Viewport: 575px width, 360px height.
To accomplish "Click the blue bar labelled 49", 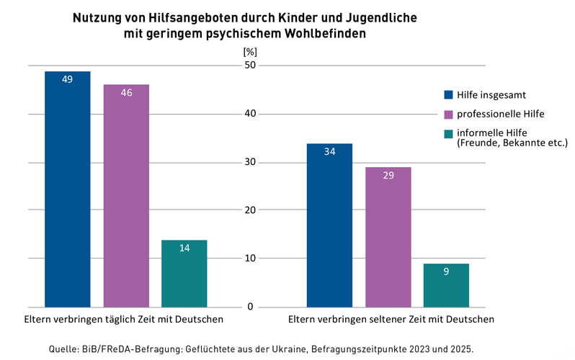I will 68,189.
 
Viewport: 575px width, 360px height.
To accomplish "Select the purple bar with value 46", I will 126,196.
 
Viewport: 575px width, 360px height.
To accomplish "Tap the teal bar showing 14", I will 184,274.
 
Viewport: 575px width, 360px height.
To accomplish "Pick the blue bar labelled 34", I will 329,225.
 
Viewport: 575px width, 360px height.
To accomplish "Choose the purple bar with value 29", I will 388,238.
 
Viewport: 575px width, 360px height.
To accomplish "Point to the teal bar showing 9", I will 446,285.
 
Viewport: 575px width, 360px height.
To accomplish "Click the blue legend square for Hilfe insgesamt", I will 448,94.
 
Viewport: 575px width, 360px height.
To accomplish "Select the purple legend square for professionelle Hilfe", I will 448,114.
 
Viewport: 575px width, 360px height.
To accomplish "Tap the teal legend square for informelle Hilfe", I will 448,133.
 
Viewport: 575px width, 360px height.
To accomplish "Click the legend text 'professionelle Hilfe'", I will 501,114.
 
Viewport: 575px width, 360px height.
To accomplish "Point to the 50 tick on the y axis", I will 250,66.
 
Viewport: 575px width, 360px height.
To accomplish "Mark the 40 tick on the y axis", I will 250,114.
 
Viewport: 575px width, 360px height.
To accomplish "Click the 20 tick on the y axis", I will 250,210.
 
